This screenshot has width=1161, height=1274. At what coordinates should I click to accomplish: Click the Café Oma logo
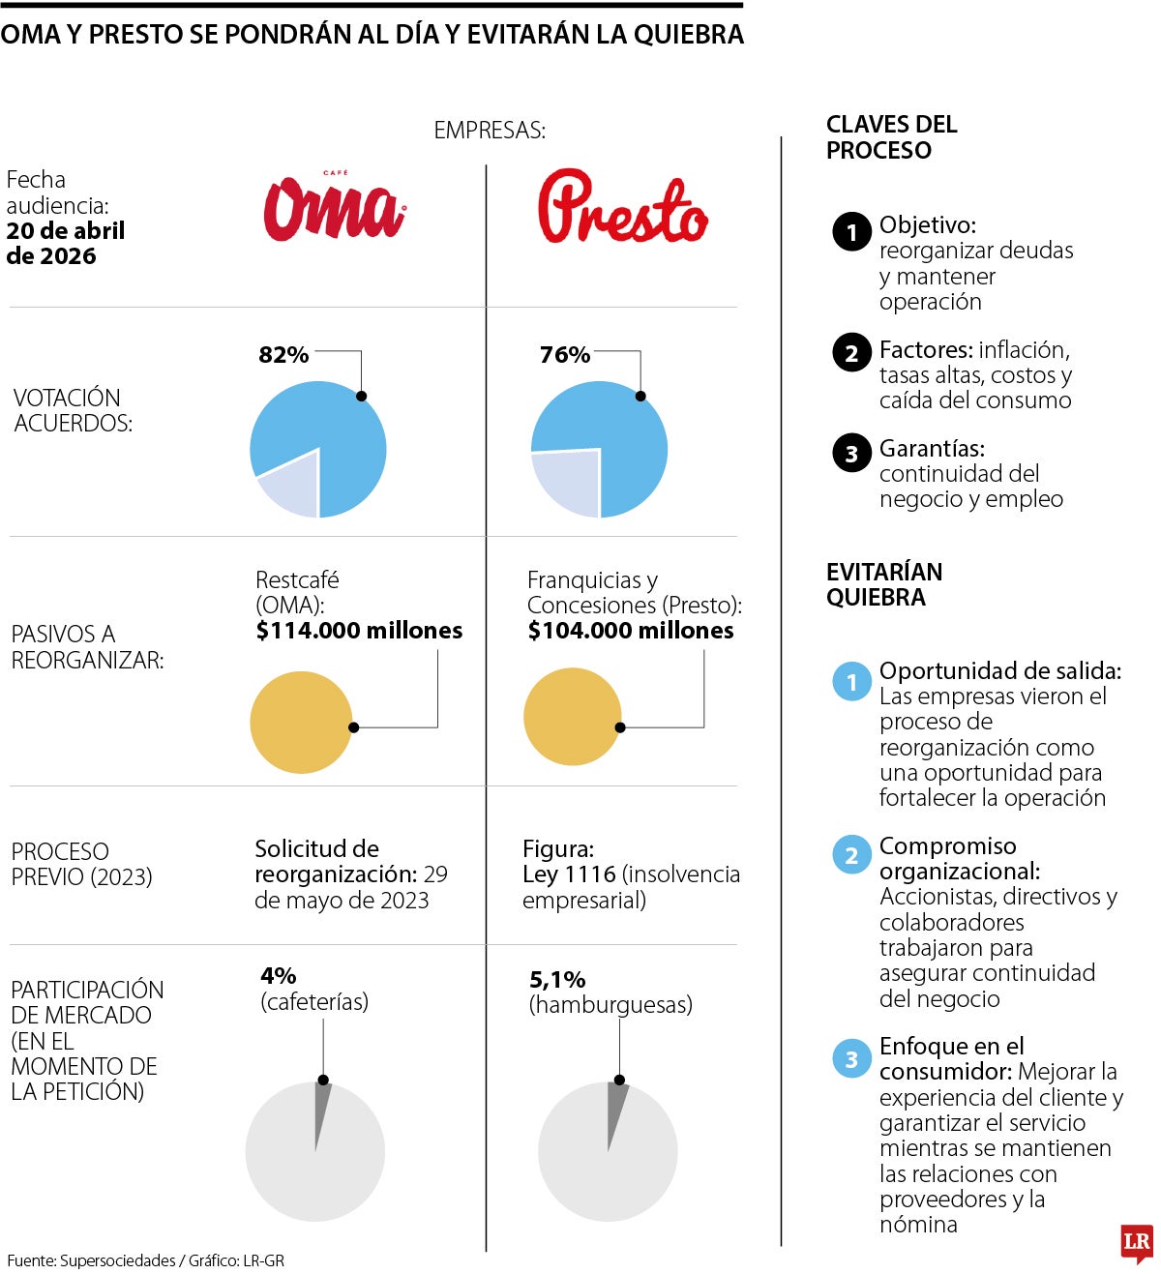click(335, 206)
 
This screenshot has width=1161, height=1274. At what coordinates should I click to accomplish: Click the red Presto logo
click(622, 207)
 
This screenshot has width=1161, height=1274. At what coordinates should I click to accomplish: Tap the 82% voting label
click(283, 355)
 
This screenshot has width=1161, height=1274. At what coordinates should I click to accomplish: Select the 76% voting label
click(565, 355)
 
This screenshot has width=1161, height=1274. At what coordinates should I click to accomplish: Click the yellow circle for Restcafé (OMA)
click(301, 723)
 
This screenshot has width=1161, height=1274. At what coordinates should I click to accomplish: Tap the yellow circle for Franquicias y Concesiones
click(572, 717)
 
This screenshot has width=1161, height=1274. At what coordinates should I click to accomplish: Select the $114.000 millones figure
click(359, 631)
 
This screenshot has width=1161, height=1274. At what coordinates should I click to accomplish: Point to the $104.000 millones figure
click(631, 631)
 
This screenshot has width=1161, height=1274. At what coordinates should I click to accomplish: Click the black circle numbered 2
click(851, 353)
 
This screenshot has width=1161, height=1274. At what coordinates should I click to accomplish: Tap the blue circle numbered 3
click(851, 1059)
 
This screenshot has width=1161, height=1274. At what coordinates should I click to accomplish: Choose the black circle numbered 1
click(851, 232)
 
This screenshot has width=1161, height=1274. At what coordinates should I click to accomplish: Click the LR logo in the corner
click(1136, 1242)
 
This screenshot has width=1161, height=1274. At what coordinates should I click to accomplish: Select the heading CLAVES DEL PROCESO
click(891, 137)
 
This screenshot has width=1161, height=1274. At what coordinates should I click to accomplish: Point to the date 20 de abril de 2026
click(65, 244)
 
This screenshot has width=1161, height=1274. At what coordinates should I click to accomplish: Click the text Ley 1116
click(569, 874)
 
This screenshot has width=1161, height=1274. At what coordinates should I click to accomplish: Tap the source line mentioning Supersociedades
click(145, 1260)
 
